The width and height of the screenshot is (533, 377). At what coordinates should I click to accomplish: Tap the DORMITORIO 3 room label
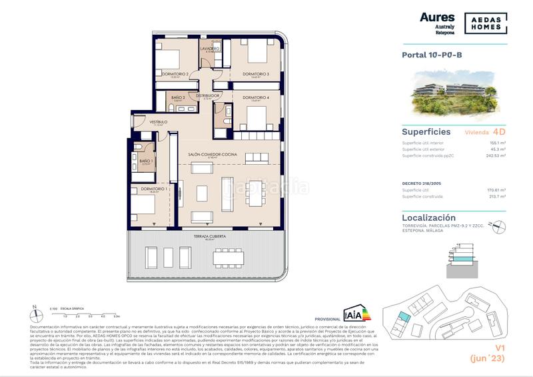[255, 73]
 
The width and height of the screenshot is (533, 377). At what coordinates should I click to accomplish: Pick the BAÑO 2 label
[177, 98]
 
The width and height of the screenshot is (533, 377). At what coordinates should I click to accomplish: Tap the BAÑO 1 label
[146, 161]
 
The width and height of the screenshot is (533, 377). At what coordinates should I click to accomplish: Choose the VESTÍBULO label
[158, 122]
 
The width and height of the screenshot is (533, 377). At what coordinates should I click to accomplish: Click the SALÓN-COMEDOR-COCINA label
[212, 154]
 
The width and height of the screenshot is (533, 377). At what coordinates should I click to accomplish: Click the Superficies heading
[426, 132]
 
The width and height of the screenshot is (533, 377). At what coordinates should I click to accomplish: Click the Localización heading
[429, 218]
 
